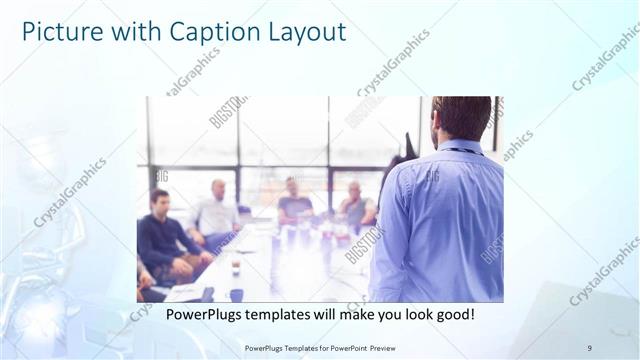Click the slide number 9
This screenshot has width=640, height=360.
click(x=589, y=348)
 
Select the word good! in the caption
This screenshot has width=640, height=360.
click(x=452, y=314)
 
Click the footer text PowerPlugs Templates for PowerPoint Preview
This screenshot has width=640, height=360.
click(x=319, y=348)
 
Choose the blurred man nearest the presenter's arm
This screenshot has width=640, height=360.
click(x=355, y=204)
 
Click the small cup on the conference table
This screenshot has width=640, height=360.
click(x=236, y=267)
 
